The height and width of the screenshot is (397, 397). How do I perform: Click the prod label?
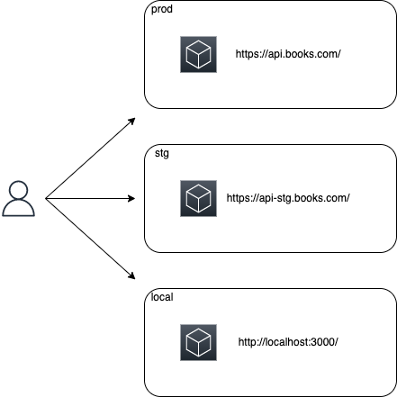[x=162, y=9]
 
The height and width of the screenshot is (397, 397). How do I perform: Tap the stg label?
[x=162, y=153]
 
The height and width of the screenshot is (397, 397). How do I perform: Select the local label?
[x=162, y=297]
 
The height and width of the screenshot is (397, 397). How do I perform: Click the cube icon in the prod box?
[x=198, y=54]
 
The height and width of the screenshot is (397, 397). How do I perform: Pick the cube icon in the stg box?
[x=198, y=198]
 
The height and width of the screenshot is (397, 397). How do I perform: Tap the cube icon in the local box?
[x=198, y=342]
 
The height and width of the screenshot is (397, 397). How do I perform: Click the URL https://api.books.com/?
[x=288, y=54]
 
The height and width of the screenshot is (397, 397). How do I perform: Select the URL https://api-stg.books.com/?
[x=288, y=198]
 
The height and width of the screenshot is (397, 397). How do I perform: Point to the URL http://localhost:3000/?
[x=288, y=342]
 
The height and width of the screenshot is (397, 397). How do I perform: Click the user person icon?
[x=19, y=198]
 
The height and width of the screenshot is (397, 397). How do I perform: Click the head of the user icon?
[x=19, y=190]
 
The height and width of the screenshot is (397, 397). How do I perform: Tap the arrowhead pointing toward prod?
[x=132, y=121]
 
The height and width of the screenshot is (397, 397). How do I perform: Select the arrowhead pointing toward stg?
[x=131, y=198]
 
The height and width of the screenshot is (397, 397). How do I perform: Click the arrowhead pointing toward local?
[x=132, y=276]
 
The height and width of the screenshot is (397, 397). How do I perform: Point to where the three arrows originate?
[x=46, y=198]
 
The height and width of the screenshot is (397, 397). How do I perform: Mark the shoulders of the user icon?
[x=19, y=207]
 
